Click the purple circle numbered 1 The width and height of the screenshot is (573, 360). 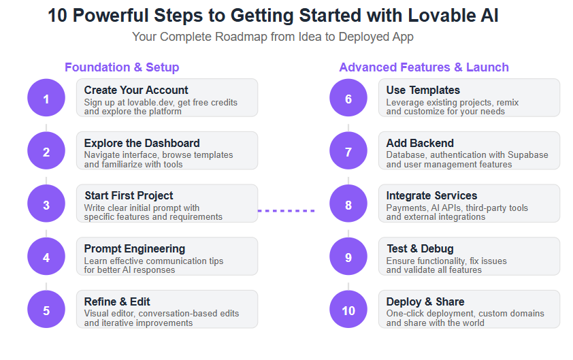click(x=46, y=97)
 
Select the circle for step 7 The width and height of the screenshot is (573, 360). click(x=348, y=150)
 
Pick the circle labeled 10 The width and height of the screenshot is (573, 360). click(x=348, y=309)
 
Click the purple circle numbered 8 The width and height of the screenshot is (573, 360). click(x=348, y=203)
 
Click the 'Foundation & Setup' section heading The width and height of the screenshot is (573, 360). click(x=122, y=67)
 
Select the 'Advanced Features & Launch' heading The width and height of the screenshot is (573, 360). click(x=424, y=67)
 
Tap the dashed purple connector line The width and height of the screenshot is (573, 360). click(x=286, y=211)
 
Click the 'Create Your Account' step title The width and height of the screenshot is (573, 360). click(x=136, y=90)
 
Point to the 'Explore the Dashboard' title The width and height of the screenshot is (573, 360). click(x=142, y=143)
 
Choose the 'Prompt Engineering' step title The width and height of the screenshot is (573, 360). click(x=135, y=249)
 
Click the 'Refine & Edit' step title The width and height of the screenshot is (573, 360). click(x=117, y=301)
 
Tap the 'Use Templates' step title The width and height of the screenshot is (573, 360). click(x=423, y=90)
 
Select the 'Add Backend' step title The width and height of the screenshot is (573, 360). click(x=420, y=143)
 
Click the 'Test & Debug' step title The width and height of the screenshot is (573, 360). click(x=421, y=248)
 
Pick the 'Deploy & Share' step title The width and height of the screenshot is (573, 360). click(x=425, y=302)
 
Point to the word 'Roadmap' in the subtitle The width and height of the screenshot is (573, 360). click(x=241, y=37)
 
